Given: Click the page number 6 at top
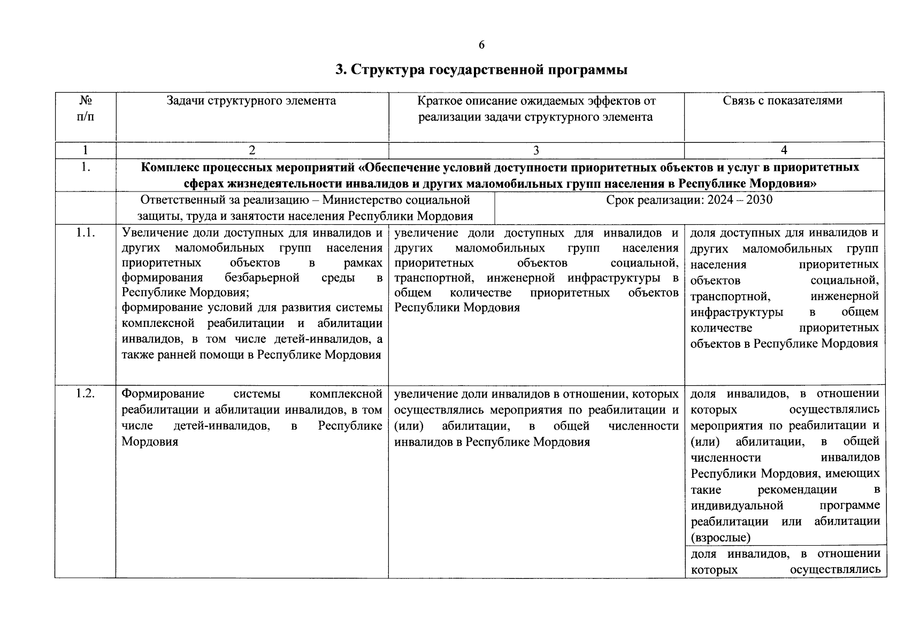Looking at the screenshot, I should point(481,45).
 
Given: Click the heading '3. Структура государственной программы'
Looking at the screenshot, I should point(481,70).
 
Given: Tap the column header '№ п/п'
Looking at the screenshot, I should point(85,109).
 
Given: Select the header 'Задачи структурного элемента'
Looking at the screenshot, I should point(251,101).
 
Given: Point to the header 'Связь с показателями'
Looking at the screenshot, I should point(783,101).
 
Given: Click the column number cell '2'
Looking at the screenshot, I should point(252,150).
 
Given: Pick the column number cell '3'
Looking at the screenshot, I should point(536,150).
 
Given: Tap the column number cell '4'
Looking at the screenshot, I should point(784,150).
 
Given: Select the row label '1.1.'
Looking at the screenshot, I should point(85,233).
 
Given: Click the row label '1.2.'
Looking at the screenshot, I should point(85,394).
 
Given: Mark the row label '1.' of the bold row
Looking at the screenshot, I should point(85,167).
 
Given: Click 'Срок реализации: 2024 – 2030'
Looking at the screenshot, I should point(689,200).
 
